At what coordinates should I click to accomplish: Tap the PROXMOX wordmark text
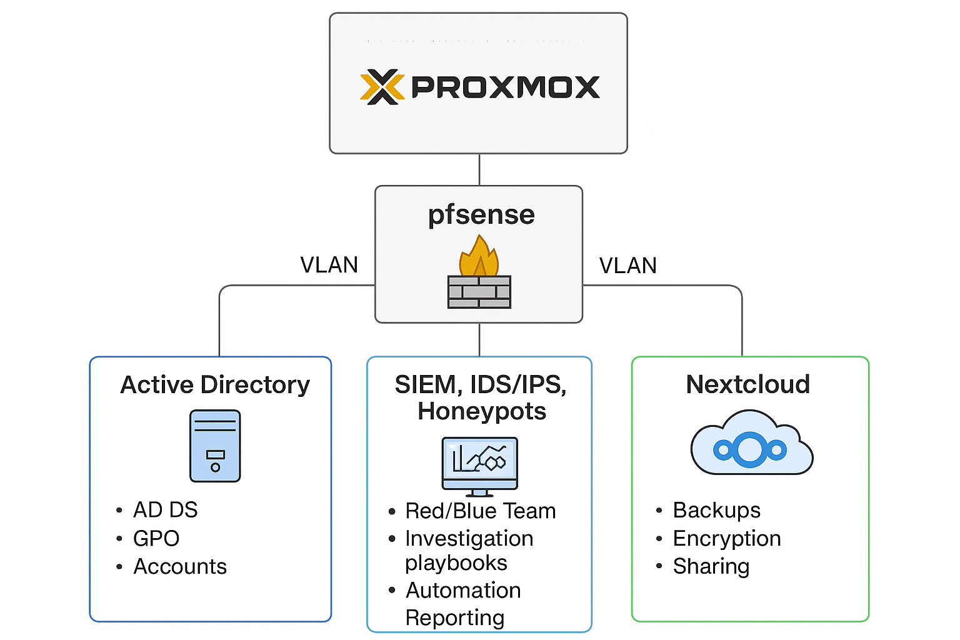tap(505, 87)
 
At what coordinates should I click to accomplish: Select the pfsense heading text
tap(481, 215)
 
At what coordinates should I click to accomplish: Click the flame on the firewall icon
tap(479, 257)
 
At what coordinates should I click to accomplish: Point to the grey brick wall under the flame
tap(479, 292)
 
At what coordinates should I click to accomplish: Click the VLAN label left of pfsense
tap(329, 265)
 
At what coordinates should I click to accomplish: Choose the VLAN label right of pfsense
tap(627, 266)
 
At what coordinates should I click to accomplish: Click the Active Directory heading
tap(214, 385)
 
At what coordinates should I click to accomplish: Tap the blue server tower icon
tap(215, 446)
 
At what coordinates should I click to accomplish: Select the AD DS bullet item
tap(165, 510)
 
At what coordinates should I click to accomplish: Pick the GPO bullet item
tap(156, 538)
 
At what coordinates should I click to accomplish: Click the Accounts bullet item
tap(180, 566)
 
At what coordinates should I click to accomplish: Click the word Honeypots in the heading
tap(481, 411)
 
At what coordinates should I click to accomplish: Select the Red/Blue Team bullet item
tap(480, 511)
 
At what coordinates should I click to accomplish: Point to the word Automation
tap(463, 590)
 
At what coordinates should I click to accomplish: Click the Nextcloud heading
tap(747, 384)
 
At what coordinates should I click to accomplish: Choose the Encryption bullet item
tap(727, 538)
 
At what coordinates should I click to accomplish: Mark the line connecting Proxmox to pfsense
tap(479, 169)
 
